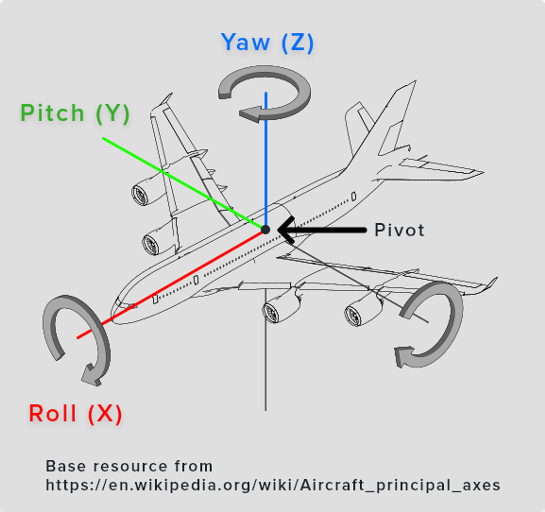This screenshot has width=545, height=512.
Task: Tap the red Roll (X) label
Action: click(75, 413)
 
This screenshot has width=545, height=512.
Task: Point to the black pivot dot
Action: click(265, 230)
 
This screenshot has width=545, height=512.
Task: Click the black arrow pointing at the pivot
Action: click(321, 230)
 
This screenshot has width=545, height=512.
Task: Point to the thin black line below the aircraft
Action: click(265, 357)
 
